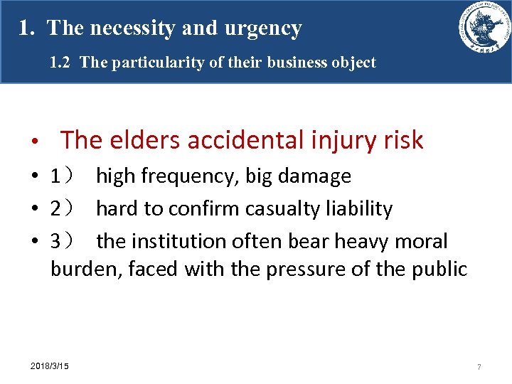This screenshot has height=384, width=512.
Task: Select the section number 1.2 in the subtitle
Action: coord(61,63)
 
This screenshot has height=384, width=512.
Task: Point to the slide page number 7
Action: coord(479,367)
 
